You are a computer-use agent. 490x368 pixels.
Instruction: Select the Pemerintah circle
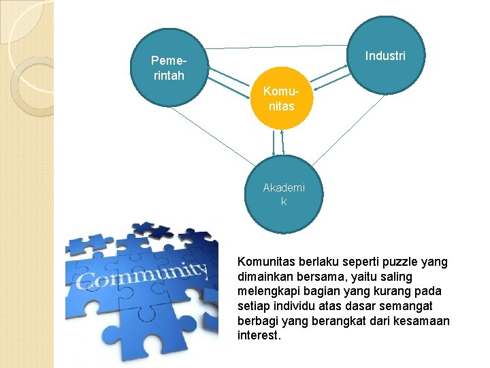[169, 67]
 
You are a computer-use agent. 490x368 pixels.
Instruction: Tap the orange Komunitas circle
[282, 98]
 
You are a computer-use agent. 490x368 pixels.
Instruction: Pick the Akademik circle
[284, 194]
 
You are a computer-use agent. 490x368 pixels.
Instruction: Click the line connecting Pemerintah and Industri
[279, 46]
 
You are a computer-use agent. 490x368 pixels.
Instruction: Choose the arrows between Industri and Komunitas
[333, 80]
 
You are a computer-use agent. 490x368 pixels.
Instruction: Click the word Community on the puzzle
[143, 275]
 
